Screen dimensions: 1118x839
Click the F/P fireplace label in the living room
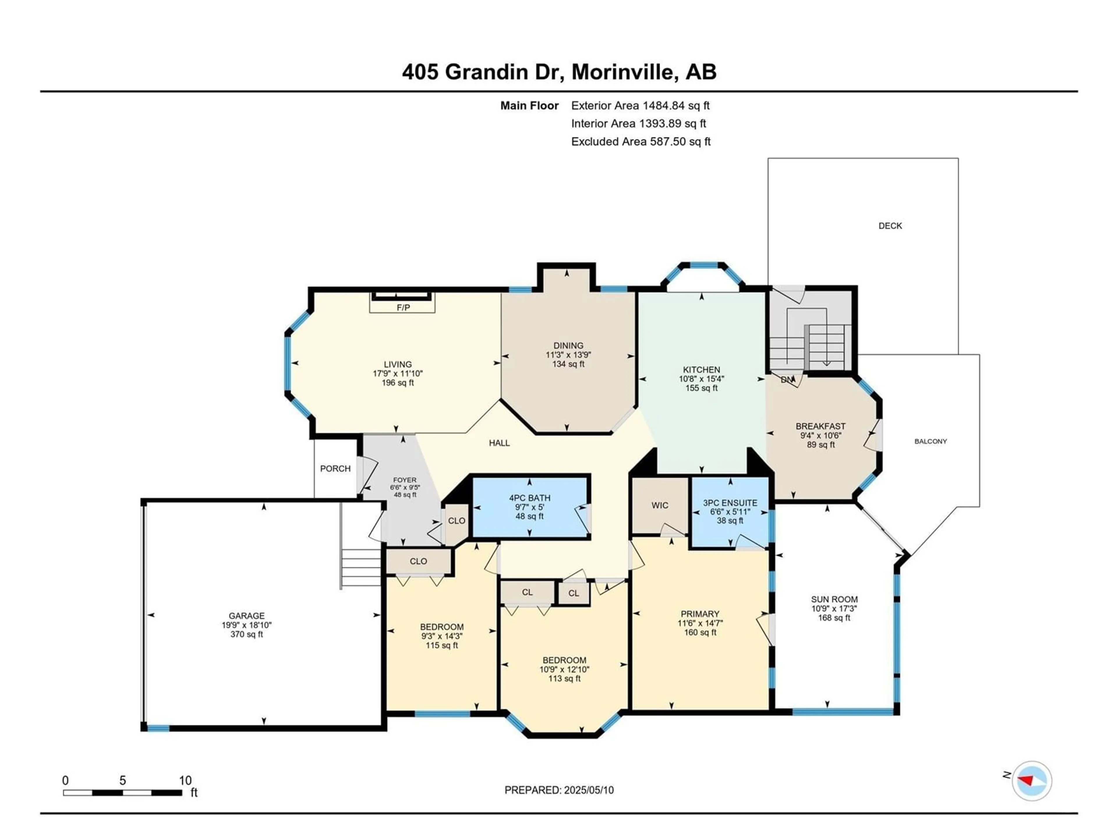(403, 307)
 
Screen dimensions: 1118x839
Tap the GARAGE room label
(247, 616)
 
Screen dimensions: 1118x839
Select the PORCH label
(335, 468)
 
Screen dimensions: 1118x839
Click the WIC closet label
(659, 505)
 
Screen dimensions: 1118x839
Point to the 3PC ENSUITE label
(730, 503)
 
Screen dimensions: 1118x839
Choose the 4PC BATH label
(530, 498)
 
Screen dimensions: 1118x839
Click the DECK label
(890, 225)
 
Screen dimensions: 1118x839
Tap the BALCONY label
(931, 441)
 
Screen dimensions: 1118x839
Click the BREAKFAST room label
(820, 426)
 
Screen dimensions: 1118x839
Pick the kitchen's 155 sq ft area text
(702, 388)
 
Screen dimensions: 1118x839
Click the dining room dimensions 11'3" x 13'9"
(568, 355)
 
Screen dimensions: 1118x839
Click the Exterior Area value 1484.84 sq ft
(676, 105)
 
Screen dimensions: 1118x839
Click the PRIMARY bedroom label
(700, 614)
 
